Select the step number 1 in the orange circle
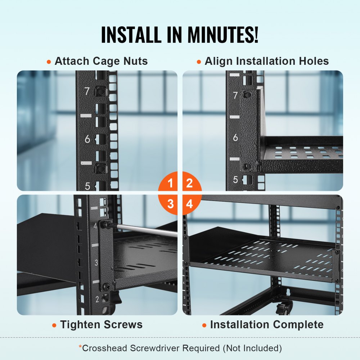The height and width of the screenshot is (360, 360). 171,183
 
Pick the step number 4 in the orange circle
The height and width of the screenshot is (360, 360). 189,204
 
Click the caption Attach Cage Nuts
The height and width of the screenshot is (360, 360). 101,61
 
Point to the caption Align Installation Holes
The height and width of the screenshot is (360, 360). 267,61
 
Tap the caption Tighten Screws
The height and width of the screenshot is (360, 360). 101,325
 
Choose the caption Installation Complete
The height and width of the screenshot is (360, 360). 267,325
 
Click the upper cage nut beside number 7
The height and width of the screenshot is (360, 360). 100,92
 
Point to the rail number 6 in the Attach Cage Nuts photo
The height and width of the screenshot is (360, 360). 87,139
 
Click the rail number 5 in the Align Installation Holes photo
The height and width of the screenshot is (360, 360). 235,179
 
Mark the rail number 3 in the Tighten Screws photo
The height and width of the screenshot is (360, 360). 96,262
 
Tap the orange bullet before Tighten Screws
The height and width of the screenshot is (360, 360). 54,325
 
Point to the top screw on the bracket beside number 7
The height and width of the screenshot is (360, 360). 247,95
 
